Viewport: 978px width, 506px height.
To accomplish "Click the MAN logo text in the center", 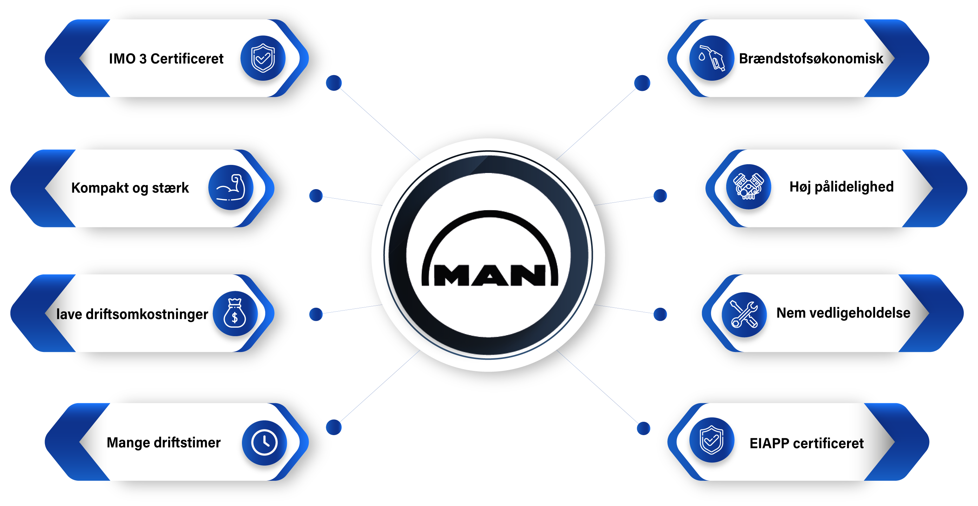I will pyautogui.click(x=490, y=275).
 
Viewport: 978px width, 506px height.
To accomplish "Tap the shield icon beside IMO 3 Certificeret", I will pyautogui.click(x=263, y=58).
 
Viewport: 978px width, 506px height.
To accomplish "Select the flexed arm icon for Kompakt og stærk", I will pyautogui.click(x=230, y=187).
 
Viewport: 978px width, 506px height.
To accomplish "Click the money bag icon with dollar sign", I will pyautogui.click(x=235, y=314).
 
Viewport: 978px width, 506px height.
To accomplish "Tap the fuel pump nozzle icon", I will pyautogui.click(x=712, y=58).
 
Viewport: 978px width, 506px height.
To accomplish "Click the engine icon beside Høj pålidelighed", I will pyautogui.click(x=748, y=187).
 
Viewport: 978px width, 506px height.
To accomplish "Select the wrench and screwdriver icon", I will pyautogui.click(x=744, y=315).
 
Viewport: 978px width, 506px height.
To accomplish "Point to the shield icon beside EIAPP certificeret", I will pyautogui.click(x=711, y=440).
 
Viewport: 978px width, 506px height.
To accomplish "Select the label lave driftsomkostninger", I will pyautogui.click(x=132, y=314).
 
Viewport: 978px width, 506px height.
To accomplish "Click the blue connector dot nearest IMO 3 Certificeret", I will pyautogui.click(x=334, y=83).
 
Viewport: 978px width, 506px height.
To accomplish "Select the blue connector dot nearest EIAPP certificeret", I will pyautogui.click(x=643, y=428).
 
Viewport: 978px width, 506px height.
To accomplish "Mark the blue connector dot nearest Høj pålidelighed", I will pyautogui.click(x=660, y=196).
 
